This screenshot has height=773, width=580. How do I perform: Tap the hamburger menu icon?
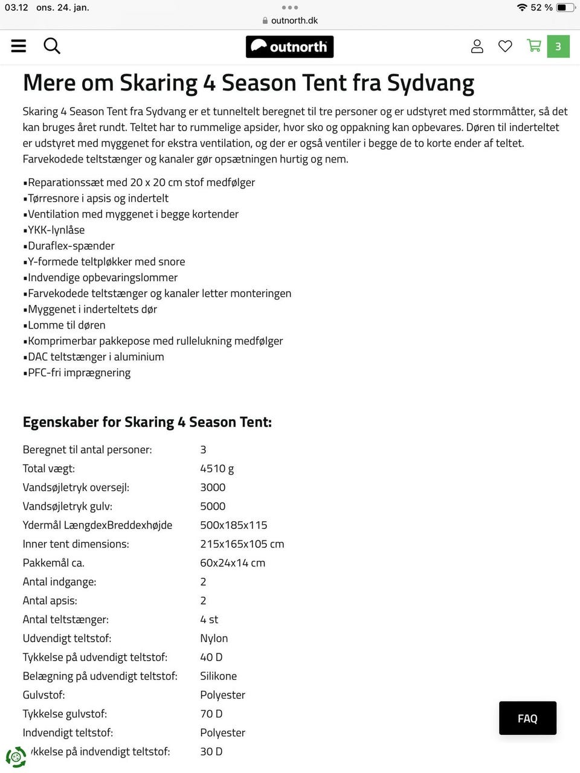tap(19, 46)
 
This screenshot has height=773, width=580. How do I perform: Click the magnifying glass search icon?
tap(52, 46)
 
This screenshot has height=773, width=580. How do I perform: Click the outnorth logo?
tap(289, 47)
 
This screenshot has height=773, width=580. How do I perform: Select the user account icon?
tap(477, 46)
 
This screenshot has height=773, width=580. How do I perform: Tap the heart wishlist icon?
tap(505, 46)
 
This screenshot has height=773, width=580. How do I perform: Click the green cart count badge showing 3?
tap(558, 47)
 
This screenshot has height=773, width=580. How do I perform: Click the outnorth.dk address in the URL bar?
tap(294, 20)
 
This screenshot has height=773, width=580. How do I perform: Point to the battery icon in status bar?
tap(565, 7)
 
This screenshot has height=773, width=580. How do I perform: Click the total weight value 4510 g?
tap(217, 468)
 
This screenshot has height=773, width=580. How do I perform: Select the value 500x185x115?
tap(233, 525)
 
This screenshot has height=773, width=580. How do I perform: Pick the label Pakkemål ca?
tap(53, 563)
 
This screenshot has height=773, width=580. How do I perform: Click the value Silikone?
tap(218, 676)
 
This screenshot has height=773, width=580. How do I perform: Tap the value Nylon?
tap(214, 638)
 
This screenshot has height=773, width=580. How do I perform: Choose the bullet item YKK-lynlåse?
tap(56, 230)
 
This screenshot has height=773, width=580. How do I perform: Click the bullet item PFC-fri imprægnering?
tap(79, 373)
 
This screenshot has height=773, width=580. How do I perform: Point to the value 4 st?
tap(209, 620)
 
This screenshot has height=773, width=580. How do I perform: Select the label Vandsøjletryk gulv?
tap(67, 506)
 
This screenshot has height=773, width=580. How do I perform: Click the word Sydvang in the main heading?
tap(430, 83)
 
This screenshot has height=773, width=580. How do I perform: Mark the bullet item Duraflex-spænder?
tap(71, 246)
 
